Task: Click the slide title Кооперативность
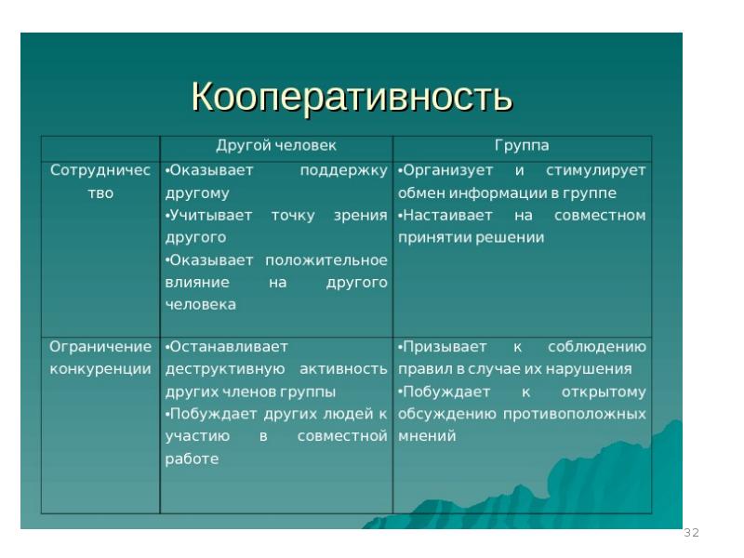[352, 97]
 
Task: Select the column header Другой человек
[276, 146]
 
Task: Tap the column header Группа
[521, 146]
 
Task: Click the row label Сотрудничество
[100, 181]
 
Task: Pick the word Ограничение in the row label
[100, 346]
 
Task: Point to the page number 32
[691, 533]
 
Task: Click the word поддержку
[343, 171]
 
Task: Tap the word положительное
[325, 259]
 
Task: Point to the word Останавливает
[228, 346]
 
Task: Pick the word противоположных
[574, 413]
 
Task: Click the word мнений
[427, 435]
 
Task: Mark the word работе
[192, 458]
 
